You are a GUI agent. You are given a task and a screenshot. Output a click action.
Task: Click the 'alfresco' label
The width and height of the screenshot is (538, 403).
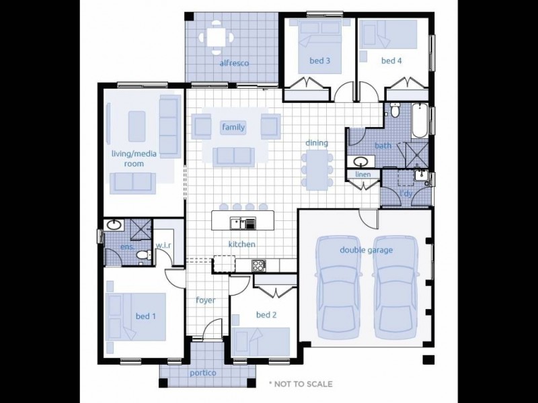(x=234, y=63)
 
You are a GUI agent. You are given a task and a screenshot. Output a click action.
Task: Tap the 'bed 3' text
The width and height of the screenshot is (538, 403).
(x=319, y=60)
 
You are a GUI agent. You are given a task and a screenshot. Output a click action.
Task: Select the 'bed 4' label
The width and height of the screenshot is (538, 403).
(x=391, y=60)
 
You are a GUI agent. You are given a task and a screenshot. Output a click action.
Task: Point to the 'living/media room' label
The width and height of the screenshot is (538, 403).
(x=134, y=159)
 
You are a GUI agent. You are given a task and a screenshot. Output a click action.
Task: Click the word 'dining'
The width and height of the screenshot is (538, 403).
(x=317, y=142)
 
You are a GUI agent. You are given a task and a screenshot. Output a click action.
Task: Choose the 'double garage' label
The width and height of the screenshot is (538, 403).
(x=366, y=250)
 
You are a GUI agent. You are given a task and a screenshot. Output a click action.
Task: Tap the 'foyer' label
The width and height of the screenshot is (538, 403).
(x=205, y=300)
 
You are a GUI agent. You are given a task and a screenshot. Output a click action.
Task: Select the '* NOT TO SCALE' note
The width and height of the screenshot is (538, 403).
(x=300, y=384)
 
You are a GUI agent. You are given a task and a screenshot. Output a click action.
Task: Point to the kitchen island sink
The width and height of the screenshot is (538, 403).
(x=237, y=223)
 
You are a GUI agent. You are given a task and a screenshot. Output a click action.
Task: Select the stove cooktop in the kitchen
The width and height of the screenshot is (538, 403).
(x=258, y=265)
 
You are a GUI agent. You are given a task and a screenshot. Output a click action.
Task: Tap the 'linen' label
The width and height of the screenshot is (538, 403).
(x=362, y=175)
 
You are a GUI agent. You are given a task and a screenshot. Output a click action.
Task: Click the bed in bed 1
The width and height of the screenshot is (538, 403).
(x=134, y=316)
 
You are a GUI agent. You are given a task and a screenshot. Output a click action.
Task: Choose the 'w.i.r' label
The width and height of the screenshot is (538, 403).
(x=163, y=245)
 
